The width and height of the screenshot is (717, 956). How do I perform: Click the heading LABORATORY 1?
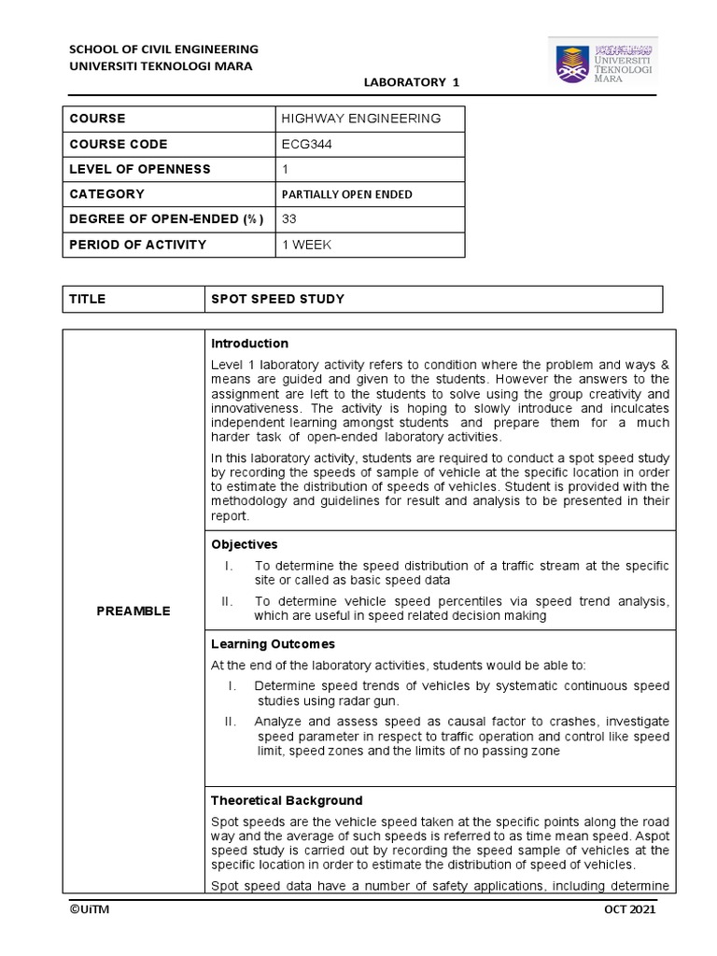(x=411, y=83)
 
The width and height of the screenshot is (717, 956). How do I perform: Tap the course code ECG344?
(x=305, y=145)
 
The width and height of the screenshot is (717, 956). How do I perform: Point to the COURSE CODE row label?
(x=119, y=145)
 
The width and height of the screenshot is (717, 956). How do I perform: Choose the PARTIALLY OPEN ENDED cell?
(x=346, y=194)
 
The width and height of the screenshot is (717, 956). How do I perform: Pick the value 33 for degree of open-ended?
(x=288, y=219)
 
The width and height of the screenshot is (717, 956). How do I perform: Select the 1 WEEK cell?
(x=306, y=245)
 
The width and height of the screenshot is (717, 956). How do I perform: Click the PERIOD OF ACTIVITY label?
(x=137, y=245)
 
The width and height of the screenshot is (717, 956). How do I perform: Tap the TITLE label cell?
(x=88, y=300)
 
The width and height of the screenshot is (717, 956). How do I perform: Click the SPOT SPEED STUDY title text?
(x=277, y=300)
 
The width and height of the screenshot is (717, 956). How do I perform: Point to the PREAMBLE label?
(x=133, y=612)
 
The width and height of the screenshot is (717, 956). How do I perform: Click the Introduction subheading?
(x=249, y=344)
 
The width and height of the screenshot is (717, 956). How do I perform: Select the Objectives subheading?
(x=244, y=544)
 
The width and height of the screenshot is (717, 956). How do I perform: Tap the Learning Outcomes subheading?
(x=273, y=644)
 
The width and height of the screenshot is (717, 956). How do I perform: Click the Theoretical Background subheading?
(x=287, y=801)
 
